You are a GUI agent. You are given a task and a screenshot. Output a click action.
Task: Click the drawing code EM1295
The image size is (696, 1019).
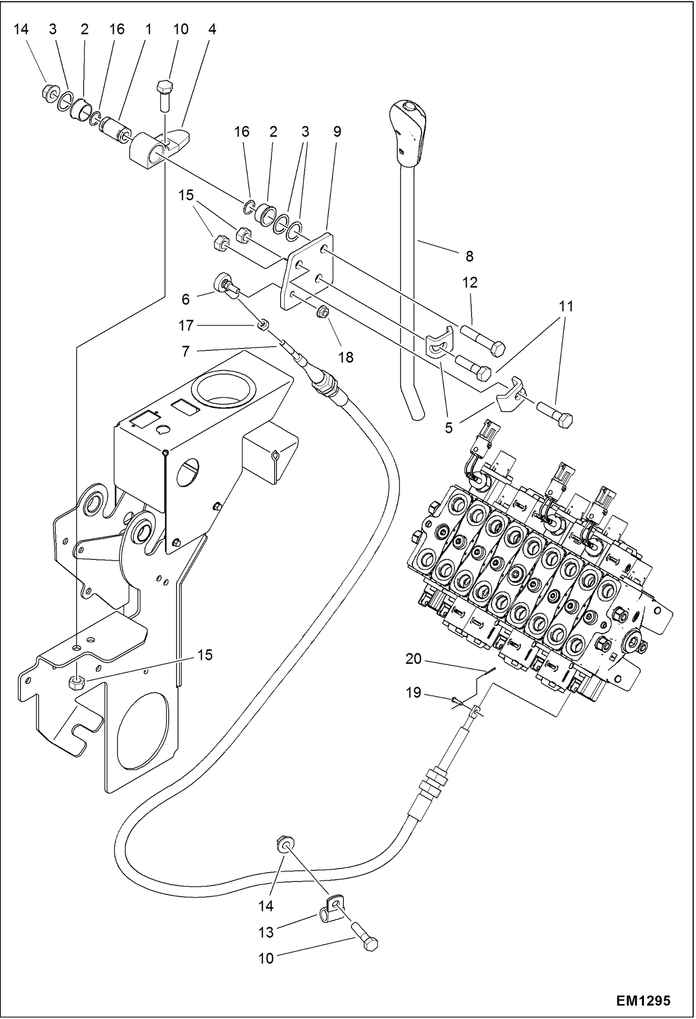(x=643, y=1000)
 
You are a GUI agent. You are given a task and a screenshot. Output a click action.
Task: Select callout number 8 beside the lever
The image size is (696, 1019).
(x=469, y=256)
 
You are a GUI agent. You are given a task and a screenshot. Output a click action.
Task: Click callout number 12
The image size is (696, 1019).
(x=470, y=282)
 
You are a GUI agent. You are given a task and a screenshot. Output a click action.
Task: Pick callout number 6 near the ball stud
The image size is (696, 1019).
(x=185, y=299)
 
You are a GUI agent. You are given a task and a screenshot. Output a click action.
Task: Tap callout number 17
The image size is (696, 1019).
(x=186, y=325)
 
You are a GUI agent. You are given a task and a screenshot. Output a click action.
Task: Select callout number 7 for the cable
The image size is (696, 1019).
(x=185, y=351)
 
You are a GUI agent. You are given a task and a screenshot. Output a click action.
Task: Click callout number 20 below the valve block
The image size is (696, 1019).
(x=413, y=658)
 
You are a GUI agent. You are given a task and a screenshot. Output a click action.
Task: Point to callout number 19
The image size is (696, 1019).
(x=413, y=692)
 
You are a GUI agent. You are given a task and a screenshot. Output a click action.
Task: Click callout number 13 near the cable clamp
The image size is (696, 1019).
(x=266, y=932)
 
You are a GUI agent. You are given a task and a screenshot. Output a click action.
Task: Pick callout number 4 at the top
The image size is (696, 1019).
(x=212, y=29)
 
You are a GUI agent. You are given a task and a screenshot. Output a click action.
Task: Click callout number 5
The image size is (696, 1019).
(x=448, y=427)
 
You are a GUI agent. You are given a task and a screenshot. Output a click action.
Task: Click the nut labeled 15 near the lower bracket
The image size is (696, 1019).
(x=76, y=683)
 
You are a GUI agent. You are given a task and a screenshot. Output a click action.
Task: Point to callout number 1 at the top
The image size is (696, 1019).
(x=148, y=29)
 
